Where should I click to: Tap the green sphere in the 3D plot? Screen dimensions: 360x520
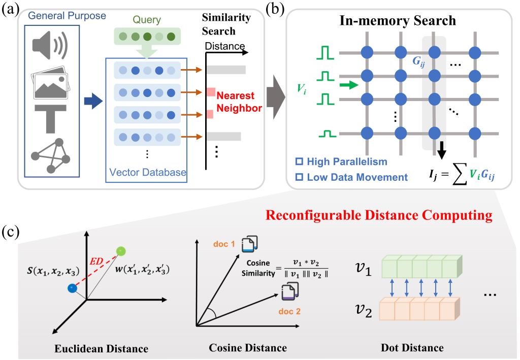[120, 251]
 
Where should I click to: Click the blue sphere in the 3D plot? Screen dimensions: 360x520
[73, 288]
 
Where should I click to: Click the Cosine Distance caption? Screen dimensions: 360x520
[248, 348]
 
